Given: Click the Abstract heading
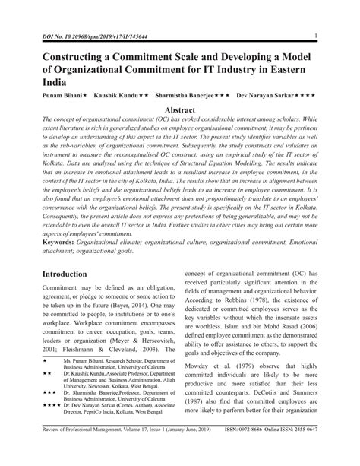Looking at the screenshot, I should (x=180, y=111).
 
